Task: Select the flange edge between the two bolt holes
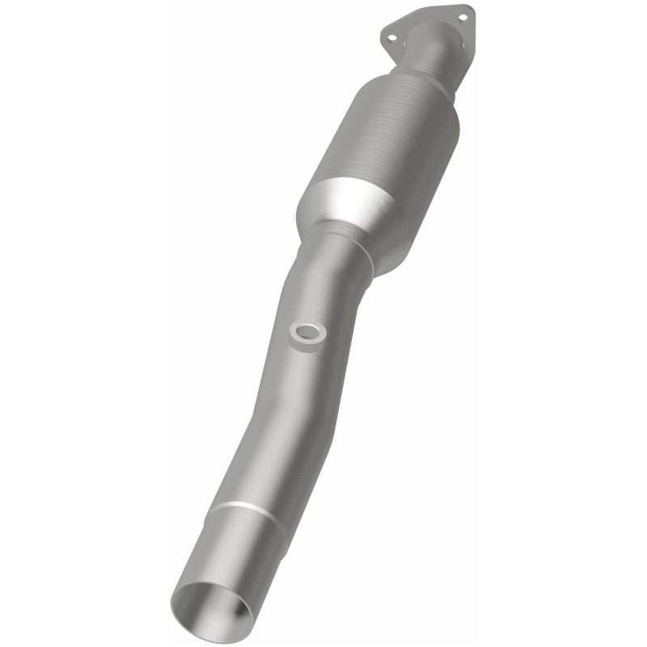pos(427,11)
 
